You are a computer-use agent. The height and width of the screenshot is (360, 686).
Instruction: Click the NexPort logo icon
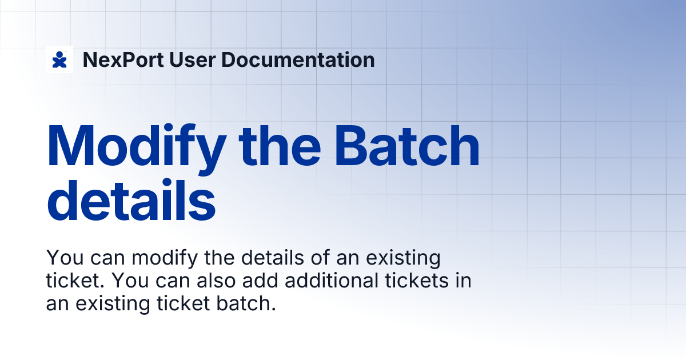coord(59,59)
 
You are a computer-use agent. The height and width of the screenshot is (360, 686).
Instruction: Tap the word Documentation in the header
coord(287,60)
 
